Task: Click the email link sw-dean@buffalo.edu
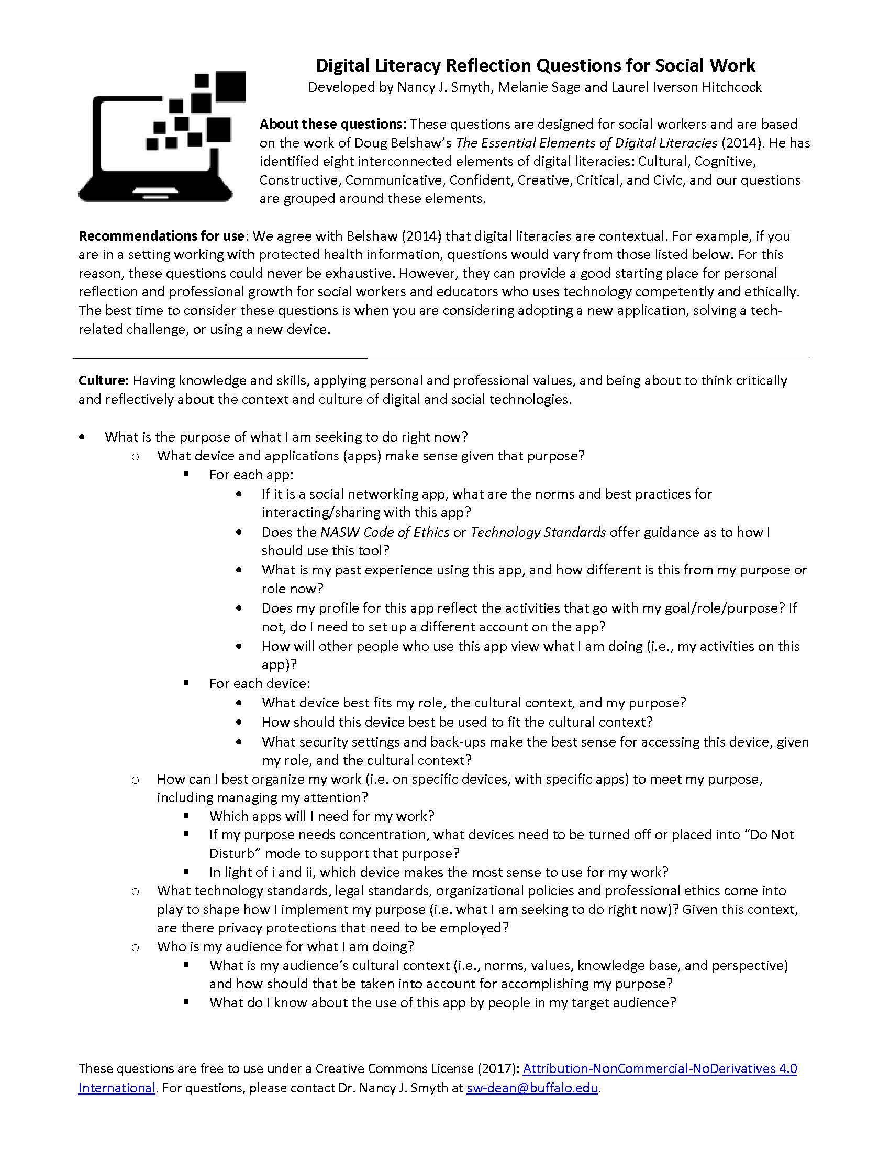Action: (x=532, y=1088)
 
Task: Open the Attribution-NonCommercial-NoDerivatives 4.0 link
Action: (x=660, y=1068)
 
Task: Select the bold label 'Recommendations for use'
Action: (x=161, y=235)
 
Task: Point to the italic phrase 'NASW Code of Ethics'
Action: (x=384, y=532)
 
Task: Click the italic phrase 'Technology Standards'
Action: (x=538, y=532)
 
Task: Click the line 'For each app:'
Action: (x=251, y=475)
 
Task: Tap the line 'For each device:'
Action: (x=259, y=684)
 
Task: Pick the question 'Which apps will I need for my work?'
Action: (x=321, y=816)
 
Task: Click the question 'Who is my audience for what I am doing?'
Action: (x=285, y=946)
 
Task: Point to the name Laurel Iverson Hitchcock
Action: (x=686, y=87)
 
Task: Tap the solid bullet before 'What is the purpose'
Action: (x=82, y=437)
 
